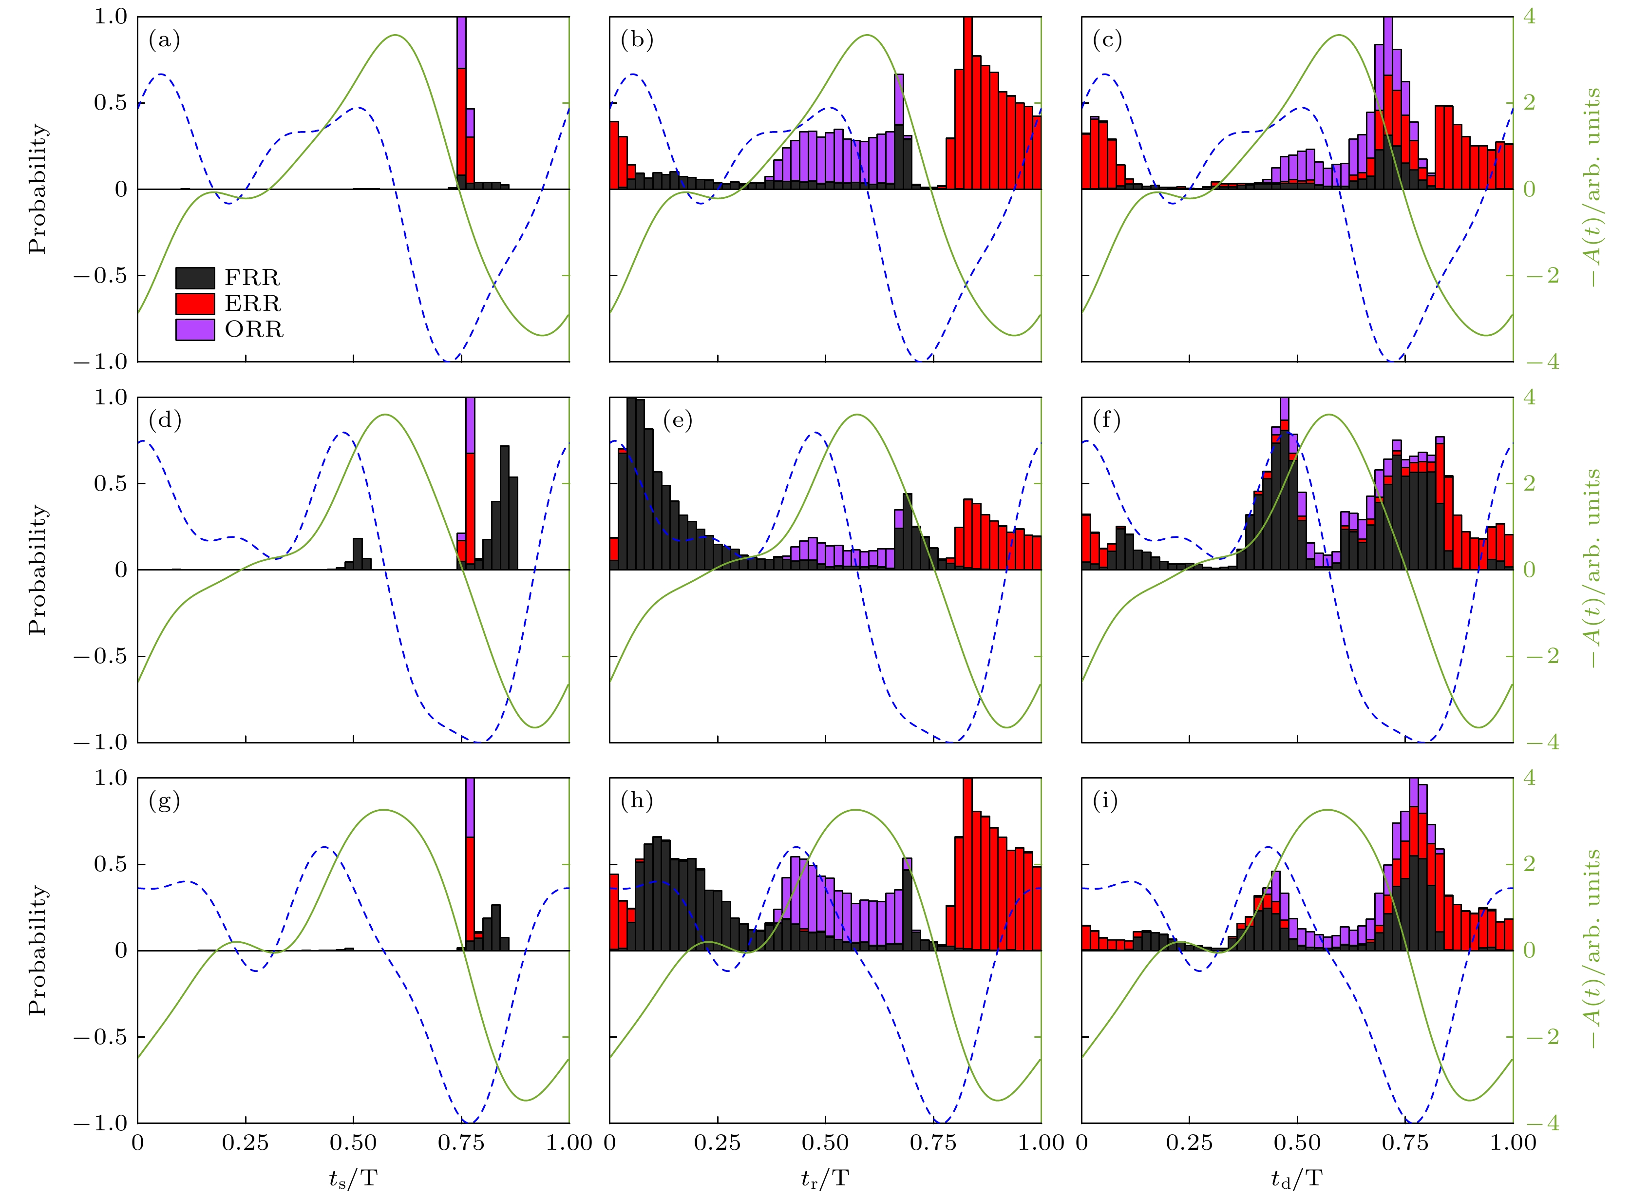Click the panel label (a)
[x=164, y=40]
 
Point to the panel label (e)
[x=678, y=421]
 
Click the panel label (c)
[x=1107, y=40]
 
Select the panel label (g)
[x=164, y=801]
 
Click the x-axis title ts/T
[x=353, y=1179]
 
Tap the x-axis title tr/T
[x=824, y=1179]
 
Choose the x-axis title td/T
[x=1297, y=1179]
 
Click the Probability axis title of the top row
[x=37, y=189]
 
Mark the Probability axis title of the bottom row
[x=37, y=950]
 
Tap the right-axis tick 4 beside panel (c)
[x=1529, y=17]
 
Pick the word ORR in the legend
[x=254, y=329]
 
